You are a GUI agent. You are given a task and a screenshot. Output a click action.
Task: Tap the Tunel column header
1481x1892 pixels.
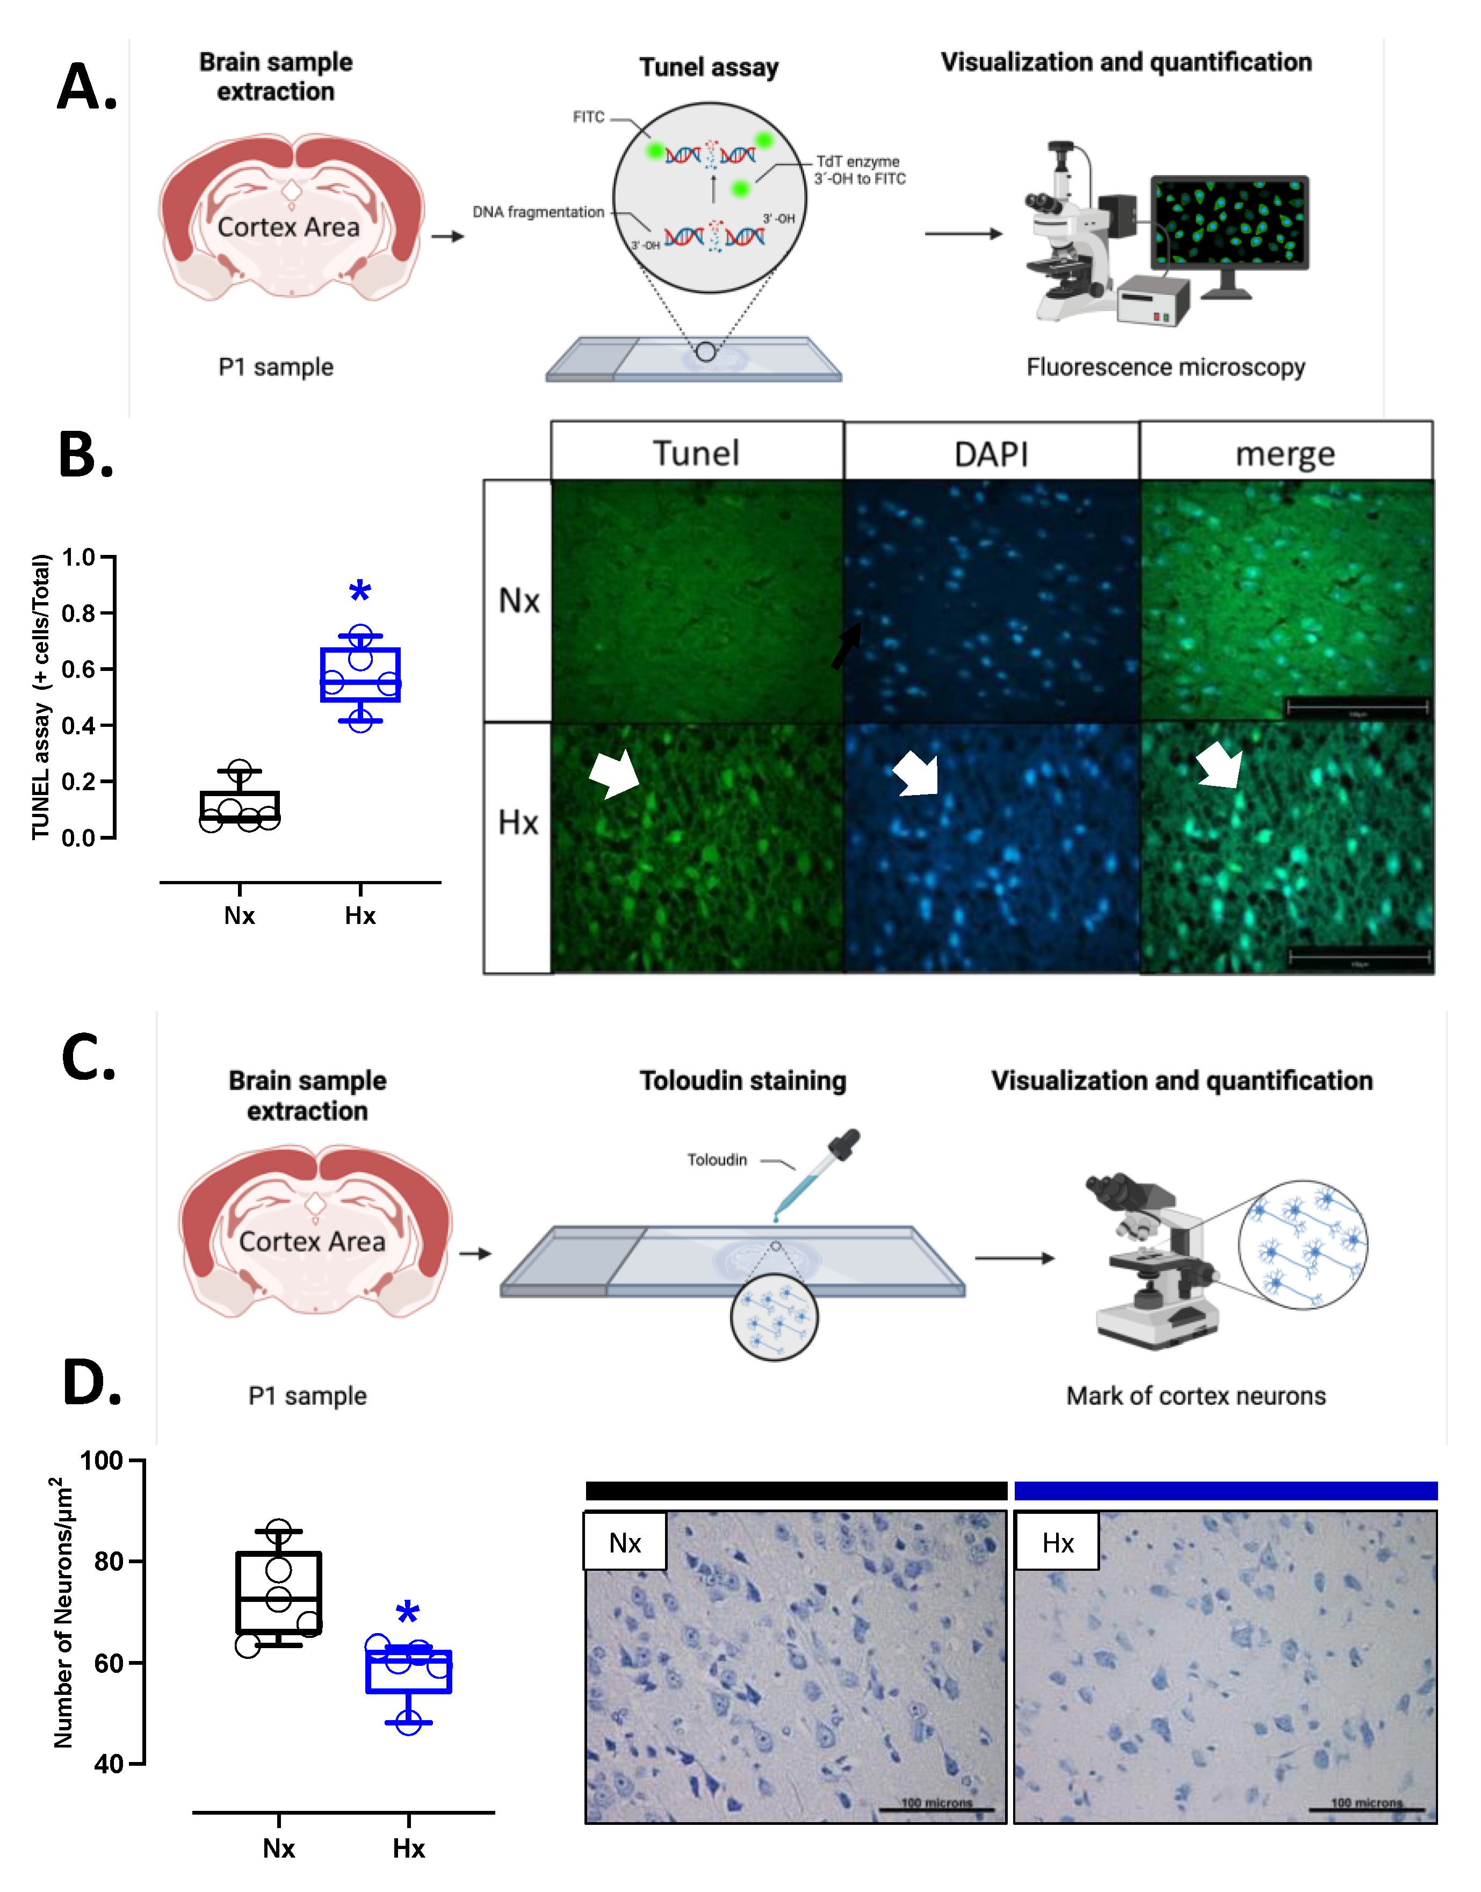[x=696, y=453]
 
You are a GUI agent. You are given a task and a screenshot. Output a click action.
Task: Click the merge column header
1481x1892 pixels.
[x=1284, y=453]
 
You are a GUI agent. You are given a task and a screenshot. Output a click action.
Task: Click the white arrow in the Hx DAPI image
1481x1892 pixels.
[x=916, y=772]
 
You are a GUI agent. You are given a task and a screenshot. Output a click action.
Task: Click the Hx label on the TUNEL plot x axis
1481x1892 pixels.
[x=360, y=916]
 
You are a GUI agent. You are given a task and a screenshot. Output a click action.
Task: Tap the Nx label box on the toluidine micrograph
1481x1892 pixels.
[x=624, y=1543]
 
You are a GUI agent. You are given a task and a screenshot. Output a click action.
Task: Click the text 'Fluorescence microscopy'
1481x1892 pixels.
[x=1165, y=367]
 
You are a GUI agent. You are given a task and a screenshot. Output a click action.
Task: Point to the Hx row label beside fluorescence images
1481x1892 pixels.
[x=518, y=822]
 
